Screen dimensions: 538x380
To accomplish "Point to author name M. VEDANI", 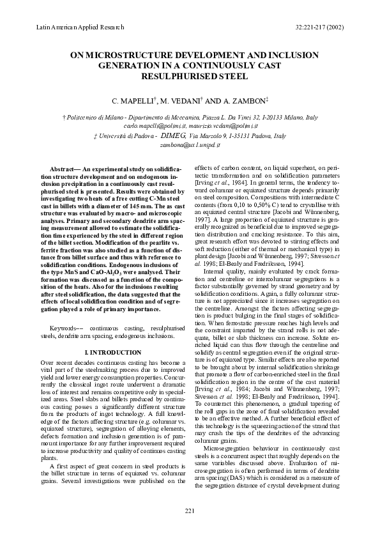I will click(x=181, y=101).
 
